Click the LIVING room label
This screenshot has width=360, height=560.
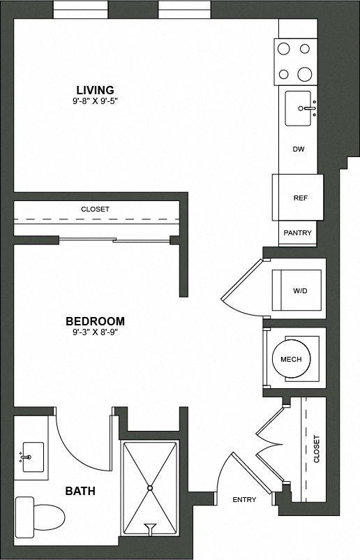pos(95,90)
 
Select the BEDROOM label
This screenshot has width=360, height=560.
pos(95,321)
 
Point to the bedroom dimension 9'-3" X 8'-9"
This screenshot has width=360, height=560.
pos(95,332)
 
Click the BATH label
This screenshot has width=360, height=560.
pos(80,492)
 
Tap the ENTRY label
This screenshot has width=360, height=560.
pos(244,499)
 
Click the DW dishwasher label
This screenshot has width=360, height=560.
pos(299,149)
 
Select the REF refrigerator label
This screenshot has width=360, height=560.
pos(300,198)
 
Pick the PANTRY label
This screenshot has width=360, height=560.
pos(297,233)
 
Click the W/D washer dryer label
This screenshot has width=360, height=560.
pos(301,290)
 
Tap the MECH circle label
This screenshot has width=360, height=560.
pos(290,360)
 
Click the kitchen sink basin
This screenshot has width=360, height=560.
pos(299,108)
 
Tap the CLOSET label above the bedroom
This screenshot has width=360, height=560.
pos(95,209)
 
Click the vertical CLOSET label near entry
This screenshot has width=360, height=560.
pos(316,449)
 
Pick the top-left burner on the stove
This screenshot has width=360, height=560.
pos(284,49)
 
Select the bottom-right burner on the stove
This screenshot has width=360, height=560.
pos(305,74)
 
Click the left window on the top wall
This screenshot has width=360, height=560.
pos(80,10)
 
